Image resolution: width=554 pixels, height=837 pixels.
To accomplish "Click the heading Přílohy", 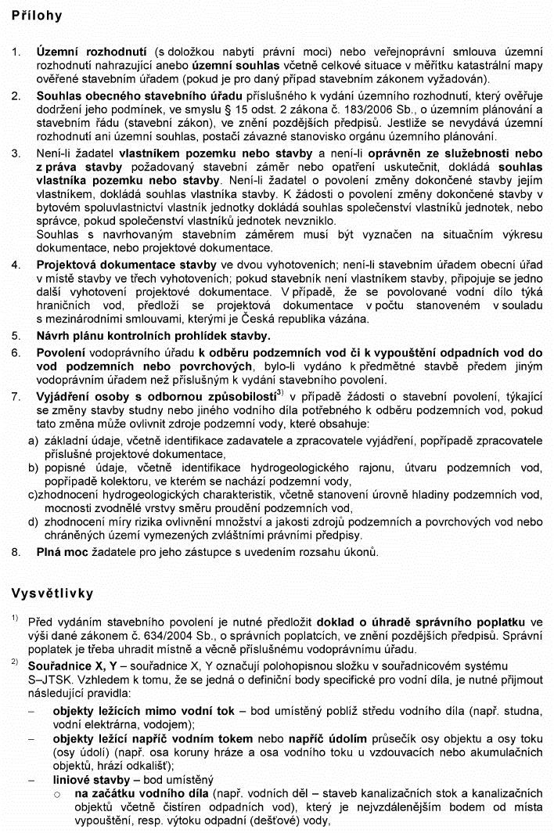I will pos(37,16).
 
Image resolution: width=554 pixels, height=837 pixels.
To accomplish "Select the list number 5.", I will pos(16,335).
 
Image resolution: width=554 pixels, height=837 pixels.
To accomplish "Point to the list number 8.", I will pos(16,551).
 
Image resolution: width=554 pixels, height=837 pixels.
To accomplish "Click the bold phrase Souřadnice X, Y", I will pos(74,665).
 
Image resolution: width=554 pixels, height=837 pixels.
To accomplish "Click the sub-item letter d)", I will pos(33,521).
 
